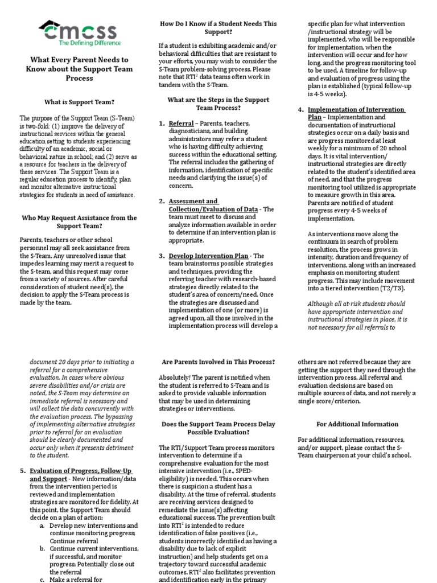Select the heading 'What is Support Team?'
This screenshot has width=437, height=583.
click(79, 102)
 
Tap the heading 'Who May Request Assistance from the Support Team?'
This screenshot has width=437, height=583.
click(79, 221)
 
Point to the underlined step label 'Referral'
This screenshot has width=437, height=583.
click(181, 124)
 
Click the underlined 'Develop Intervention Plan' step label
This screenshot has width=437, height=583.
click(208, 256)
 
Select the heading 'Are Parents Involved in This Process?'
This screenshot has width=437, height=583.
click(218, 362)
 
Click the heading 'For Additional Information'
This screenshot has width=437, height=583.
click(357, 424)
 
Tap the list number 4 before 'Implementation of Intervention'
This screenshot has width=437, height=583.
click(300, 110)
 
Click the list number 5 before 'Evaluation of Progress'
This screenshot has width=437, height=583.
click(22, 471)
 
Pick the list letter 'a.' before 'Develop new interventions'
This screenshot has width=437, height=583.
click(42, 525)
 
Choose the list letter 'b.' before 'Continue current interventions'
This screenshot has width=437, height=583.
click(42, 549)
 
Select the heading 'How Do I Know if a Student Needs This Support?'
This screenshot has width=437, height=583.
click(218, 28)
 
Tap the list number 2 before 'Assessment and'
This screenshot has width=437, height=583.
click(162, 202)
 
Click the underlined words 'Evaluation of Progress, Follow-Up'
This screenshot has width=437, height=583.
click(81, 471)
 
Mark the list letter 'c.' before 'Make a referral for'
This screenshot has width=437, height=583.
click(42, 579)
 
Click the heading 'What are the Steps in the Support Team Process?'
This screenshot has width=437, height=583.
click(218, 104)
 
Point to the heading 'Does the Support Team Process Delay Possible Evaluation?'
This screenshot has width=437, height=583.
click(218, 428)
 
